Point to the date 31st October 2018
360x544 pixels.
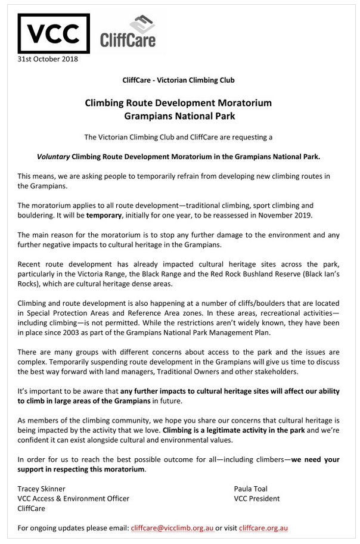pos(48,58)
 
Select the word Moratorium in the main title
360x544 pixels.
pos(244,102)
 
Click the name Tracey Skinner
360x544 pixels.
pos(42,489)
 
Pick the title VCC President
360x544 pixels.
pos(257,499)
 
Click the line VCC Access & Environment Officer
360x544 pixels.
pos(74,499)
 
